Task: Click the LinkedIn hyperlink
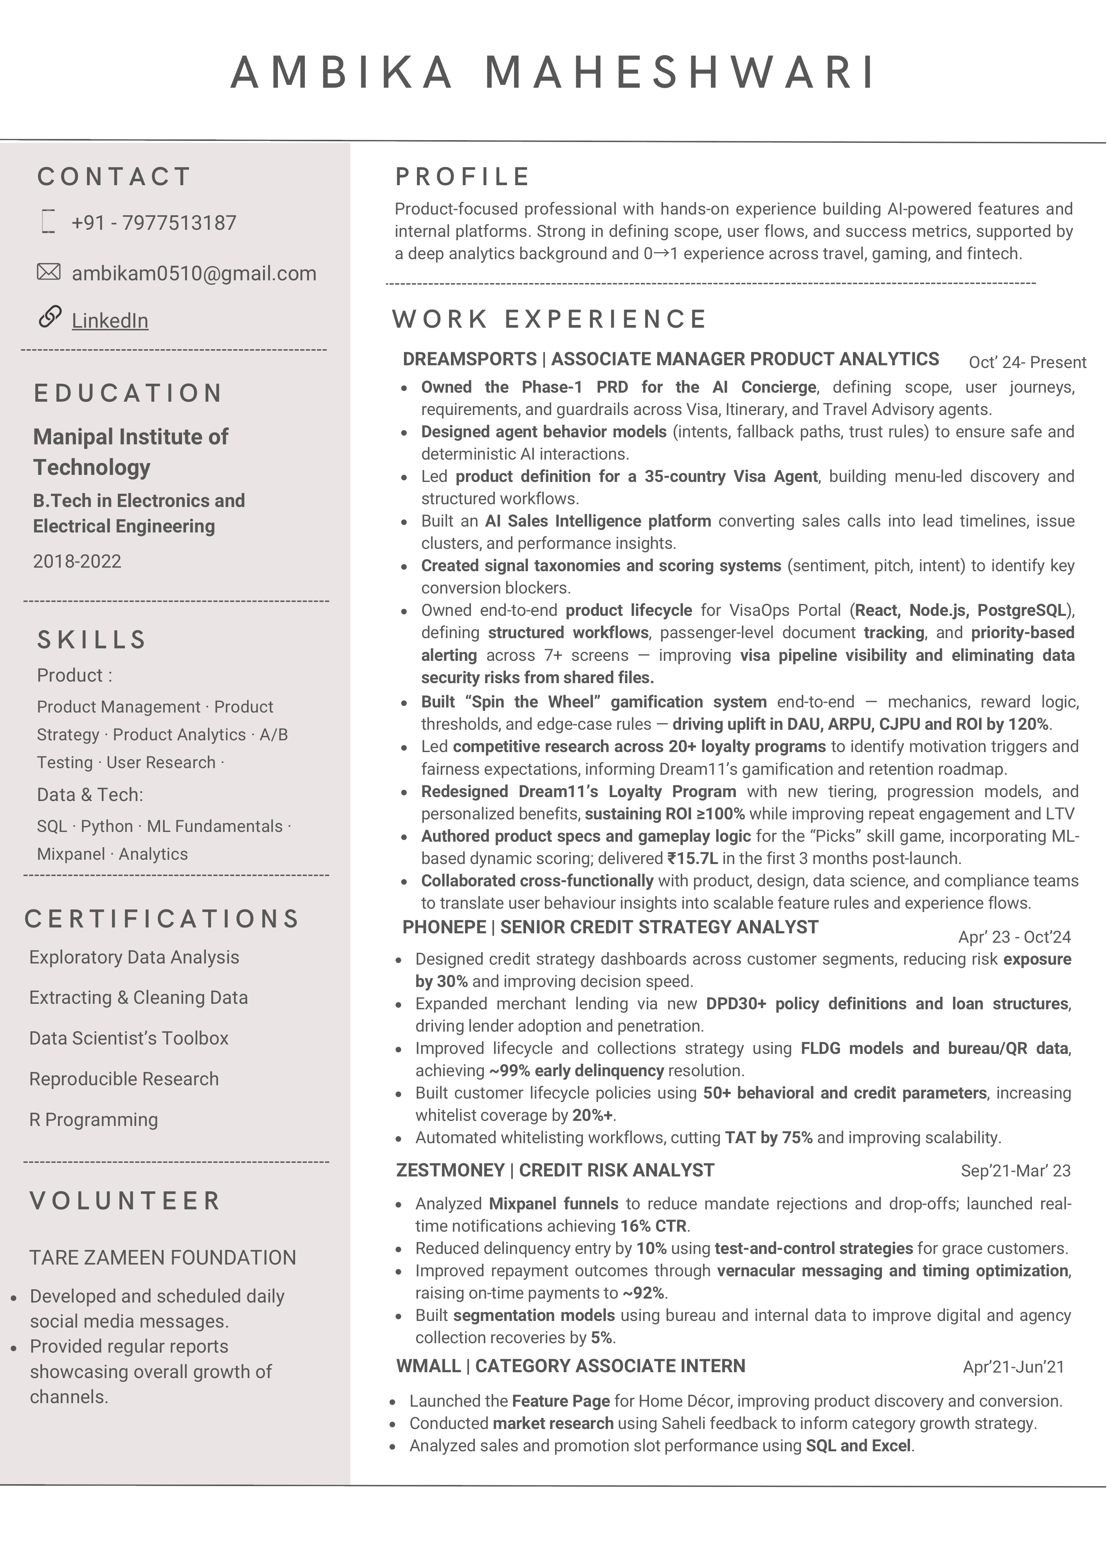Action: [110, 321]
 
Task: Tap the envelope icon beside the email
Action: [49, 272]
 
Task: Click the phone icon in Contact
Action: [48, 222]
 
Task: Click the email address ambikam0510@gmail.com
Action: [194, 274]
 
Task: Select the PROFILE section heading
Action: [462, 177]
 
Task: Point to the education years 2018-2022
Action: [77, 561]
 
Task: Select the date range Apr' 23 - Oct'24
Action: [1014, 937]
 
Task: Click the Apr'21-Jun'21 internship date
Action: [1013, 1367]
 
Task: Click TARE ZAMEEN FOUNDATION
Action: [162, 1257]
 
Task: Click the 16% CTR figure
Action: [653, 1226]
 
